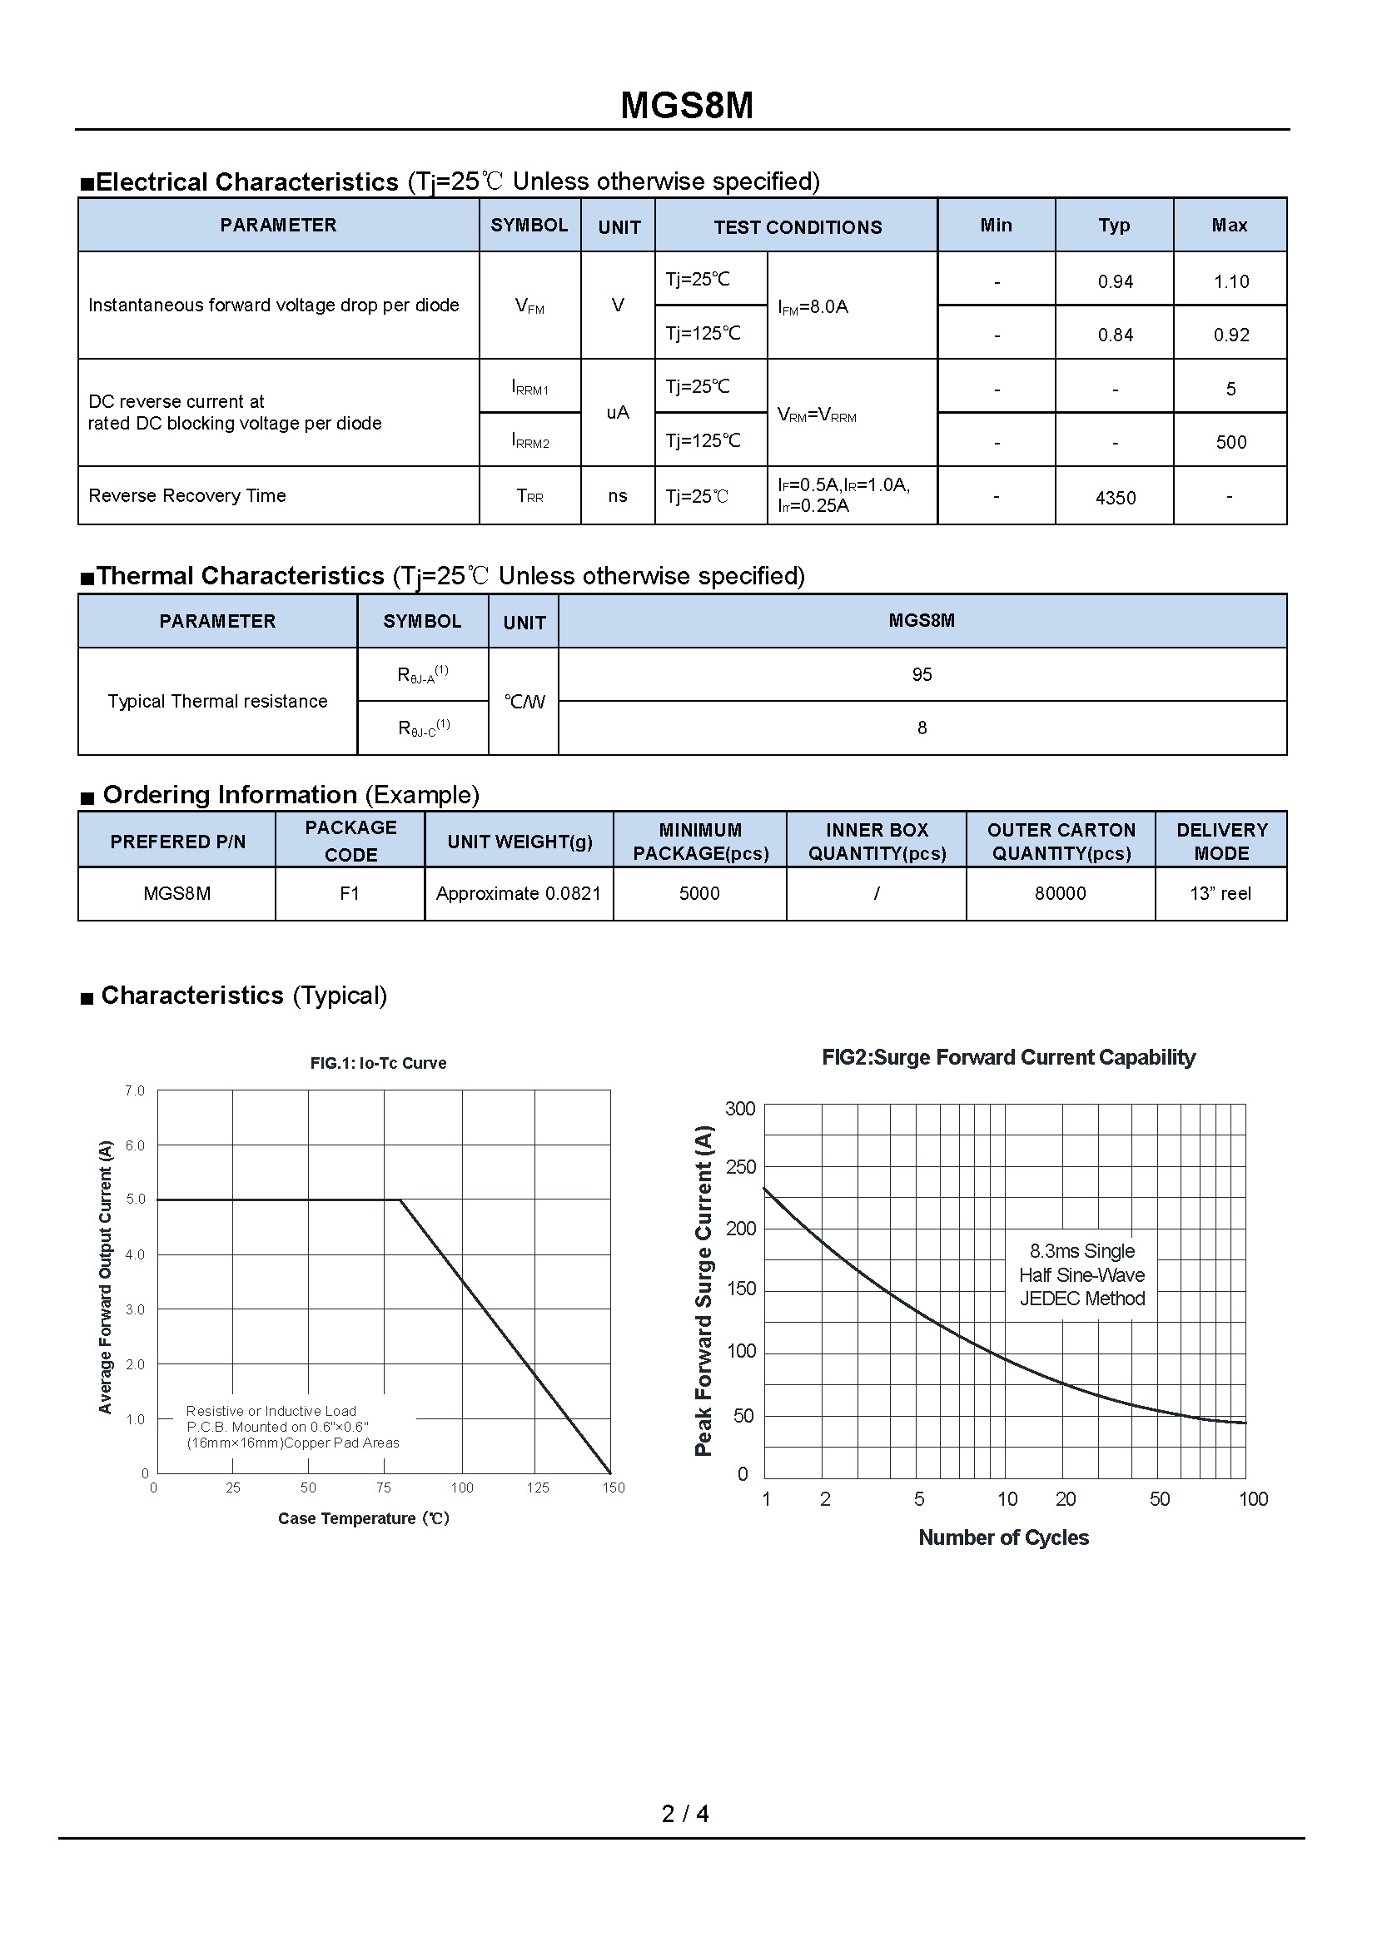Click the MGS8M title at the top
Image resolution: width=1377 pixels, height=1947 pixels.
point(687,106)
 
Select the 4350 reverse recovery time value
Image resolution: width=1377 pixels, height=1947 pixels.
point(1115,498)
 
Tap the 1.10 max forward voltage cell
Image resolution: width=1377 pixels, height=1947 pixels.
point(1230,281)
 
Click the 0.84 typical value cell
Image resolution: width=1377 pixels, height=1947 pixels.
point(1115,335)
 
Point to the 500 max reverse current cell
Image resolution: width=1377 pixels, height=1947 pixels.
point(1230,442)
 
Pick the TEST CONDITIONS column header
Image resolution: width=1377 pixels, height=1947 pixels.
point(797,227)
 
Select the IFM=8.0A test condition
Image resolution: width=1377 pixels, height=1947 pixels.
point(813,307)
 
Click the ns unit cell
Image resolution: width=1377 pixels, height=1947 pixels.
point(617,496)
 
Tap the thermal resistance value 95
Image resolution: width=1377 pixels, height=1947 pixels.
point(922,675)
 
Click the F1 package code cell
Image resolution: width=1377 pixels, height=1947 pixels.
point(350,894)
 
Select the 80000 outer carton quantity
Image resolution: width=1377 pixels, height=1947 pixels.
point(1060,894)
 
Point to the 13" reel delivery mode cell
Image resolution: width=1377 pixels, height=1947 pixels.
point(1220,894)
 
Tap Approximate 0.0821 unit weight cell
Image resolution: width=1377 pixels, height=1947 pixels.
point(518,894)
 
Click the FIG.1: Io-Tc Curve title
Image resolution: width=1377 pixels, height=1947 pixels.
point(378,1063)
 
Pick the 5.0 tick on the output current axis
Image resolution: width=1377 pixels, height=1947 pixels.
point(136,1199)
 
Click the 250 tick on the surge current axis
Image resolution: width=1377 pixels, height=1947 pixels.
point(740,1168)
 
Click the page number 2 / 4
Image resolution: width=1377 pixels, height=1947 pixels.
point(685,1814)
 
